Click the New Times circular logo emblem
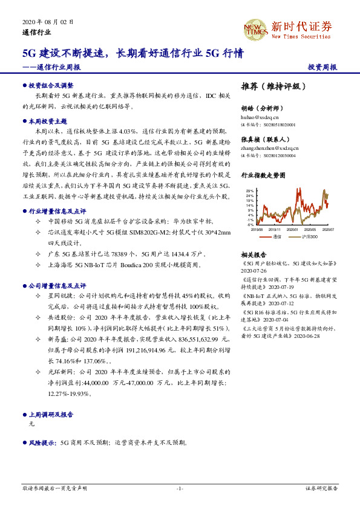click(x=255, y=28)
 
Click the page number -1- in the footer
click(x=180, y=488)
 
